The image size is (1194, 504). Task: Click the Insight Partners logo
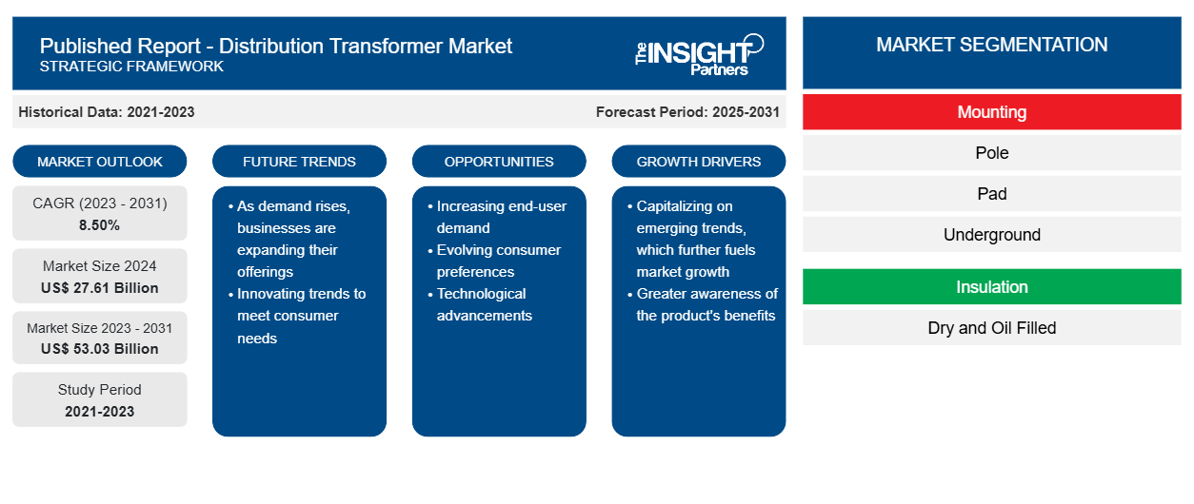(x=699, y=55)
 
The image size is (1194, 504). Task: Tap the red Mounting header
(x=991, y=112)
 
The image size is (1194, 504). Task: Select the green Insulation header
(x=991, y=287)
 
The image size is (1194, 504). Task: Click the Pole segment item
(x=991, y=153)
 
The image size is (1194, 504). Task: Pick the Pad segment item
(x=991, y=194)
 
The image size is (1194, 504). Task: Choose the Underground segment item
(x=991, y=235)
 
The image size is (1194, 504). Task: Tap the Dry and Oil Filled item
(x=991, y=328)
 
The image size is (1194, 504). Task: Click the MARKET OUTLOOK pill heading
(x=100, y=162)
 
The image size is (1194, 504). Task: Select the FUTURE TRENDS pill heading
(x=299, y=162)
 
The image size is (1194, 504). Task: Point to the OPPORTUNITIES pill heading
(x=499, y=162)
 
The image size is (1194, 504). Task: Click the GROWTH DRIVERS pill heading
(x=698, y=162)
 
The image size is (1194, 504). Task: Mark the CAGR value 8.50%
(x=100, y=225)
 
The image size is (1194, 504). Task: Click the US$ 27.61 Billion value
(x=100, y=288)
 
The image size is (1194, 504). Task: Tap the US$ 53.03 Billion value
(x=100, y=349)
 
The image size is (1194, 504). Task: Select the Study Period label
(x=100, y=390)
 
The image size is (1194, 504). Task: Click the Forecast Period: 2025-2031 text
(x=687, y=112)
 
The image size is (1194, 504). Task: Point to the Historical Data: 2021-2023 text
(x=107, y=112)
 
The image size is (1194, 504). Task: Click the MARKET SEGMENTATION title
(x=991, y=45)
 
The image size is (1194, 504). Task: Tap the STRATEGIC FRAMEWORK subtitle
(x=131, y=66)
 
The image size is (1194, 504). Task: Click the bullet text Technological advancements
(x=484, y=304)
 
